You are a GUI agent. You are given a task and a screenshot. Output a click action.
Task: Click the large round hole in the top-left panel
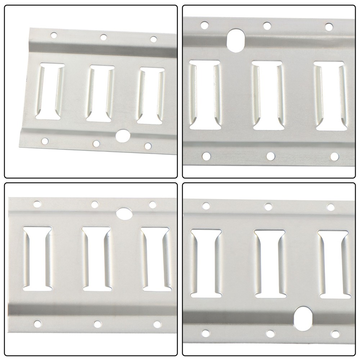pos(123,135)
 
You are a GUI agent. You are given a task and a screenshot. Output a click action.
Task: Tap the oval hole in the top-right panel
pos(236,41)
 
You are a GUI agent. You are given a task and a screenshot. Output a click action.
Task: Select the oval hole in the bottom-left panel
pos(124,213)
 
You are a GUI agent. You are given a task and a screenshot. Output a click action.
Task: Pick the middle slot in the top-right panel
pos(267,95)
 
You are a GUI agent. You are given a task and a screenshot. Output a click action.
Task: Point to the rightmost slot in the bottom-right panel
pos(333,264)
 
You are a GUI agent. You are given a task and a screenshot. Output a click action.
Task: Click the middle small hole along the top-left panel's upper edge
pos(103,37)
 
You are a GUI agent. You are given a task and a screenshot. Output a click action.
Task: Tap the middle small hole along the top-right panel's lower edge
pos(270,156)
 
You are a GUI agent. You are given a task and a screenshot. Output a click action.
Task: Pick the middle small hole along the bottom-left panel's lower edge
pos(97,324)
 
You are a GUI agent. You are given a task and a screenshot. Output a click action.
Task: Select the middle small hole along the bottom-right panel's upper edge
pos(268,207)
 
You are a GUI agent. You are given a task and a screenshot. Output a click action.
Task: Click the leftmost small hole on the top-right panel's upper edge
pos(204,25)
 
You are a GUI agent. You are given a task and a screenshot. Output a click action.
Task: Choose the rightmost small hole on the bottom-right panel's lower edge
pos(335,334)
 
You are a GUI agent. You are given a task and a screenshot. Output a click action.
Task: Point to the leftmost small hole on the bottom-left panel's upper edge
pos(37,204)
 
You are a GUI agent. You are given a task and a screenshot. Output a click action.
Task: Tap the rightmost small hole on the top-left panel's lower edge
pos(148,146)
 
